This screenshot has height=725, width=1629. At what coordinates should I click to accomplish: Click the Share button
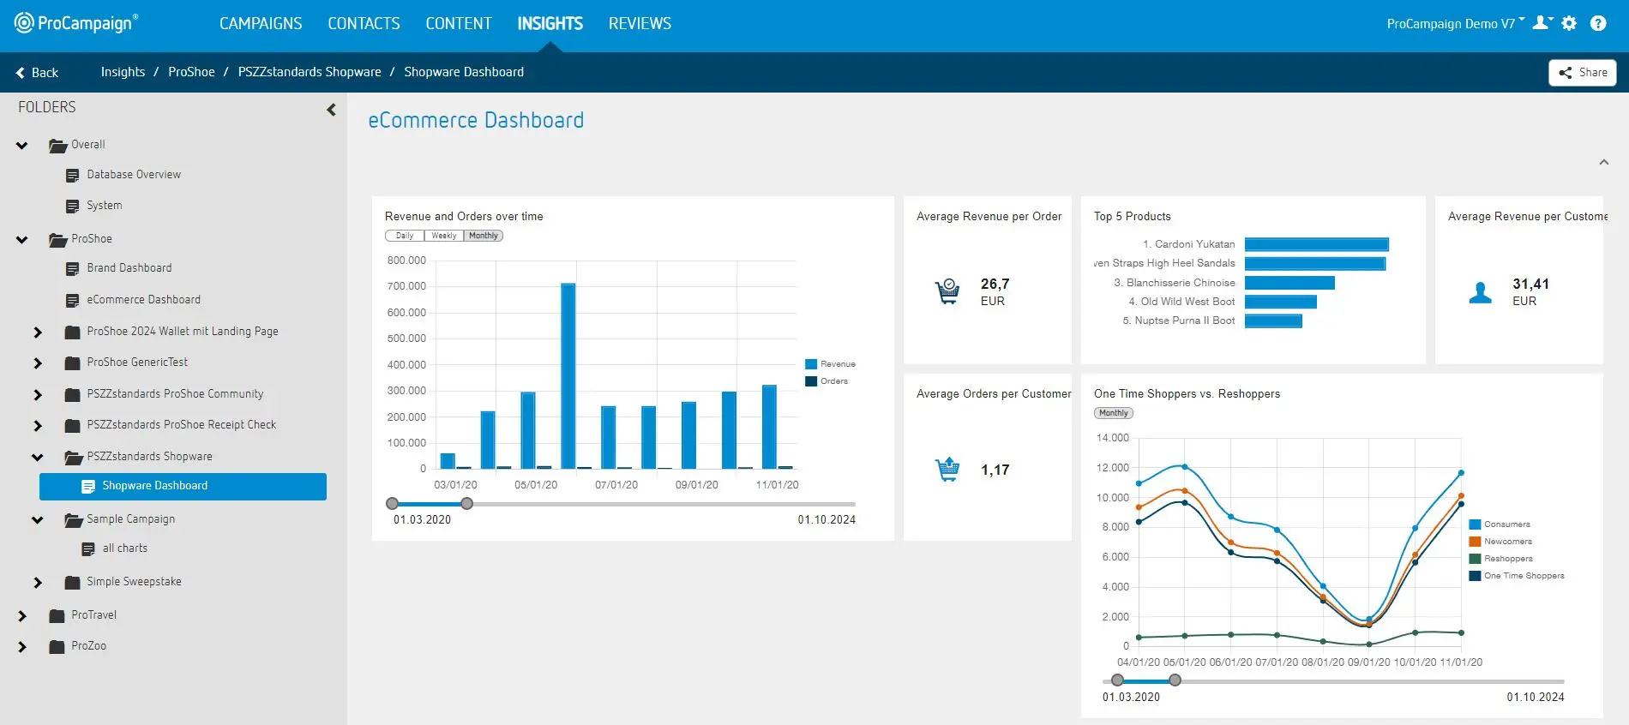tap(1582, 73)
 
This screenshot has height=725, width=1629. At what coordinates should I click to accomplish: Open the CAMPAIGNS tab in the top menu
tap(261, 24)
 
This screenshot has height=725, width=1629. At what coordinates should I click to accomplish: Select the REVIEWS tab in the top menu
tap(640, 24)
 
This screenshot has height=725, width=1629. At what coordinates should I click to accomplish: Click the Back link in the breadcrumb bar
tap(37, 73)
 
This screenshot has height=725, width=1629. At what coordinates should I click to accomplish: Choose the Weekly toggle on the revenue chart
tap(443, 236)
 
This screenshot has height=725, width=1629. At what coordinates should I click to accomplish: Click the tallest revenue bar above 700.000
tap(568, 375)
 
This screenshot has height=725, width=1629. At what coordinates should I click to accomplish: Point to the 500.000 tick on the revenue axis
tap(406, 339)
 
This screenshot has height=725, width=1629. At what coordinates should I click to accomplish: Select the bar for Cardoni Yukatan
tap(1316, 245)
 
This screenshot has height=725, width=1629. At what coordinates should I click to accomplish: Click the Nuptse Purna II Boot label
tap(1179, 321)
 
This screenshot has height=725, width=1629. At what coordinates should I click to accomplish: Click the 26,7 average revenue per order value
tap(995, 285)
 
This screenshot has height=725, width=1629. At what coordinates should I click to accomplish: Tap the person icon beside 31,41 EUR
tap(1480, 293)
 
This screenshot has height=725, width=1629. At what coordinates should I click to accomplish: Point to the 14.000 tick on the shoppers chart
tap(1112, 438)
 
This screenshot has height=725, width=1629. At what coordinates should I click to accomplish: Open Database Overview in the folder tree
tap(133, 175)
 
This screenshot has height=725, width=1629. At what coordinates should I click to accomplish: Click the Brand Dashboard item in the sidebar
tap(129, 268)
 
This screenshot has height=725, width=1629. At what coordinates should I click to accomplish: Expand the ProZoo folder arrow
tap(22, 647)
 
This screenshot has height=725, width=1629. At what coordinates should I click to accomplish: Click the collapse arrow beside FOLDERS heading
tap(331, 110)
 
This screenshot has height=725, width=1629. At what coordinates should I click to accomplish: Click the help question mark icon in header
tap(1598, 24)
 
